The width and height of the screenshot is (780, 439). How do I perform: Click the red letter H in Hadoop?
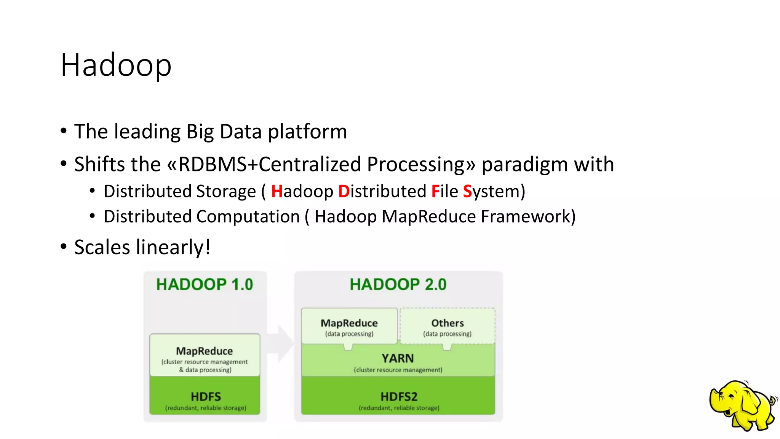click(276, 191)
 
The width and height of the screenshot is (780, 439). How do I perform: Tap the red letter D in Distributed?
click(344, 191)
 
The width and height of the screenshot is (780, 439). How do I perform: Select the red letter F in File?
click(435, 191)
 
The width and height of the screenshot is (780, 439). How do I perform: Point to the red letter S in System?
click(467, 191)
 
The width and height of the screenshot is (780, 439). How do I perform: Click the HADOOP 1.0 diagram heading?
click(205, 285)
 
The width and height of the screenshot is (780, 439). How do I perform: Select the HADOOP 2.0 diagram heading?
click(398, 285)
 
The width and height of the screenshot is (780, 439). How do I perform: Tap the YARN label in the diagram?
click(398, 359)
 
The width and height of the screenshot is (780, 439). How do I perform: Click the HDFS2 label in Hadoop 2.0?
click(399, 397)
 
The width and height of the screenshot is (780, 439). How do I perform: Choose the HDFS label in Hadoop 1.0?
click(206, 397)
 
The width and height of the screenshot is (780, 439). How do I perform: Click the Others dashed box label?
click(448, 324)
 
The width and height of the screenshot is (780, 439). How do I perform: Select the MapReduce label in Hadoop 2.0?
click(349, 324)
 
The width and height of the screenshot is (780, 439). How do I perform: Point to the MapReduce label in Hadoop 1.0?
click(205, 351)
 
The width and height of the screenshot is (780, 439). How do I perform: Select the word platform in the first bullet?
click(307, 132)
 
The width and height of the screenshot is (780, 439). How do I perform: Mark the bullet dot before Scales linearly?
click(64, 247)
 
